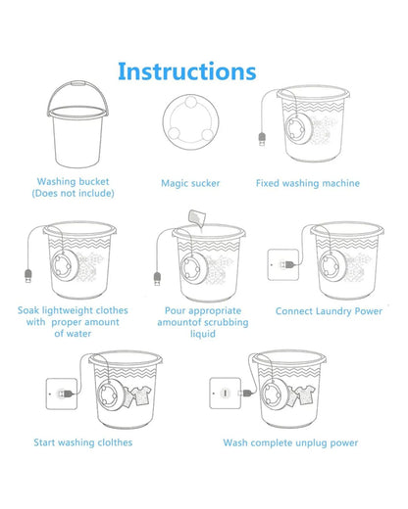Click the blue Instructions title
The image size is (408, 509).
186,71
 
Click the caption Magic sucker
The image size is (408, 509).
190,183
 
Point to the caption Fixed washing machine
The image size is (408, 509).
307,183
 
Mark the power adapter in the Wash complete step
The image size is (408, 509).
224,393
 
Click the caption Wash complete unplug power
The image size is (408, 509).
290,442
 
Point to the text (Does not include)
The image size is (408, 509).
73,194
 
